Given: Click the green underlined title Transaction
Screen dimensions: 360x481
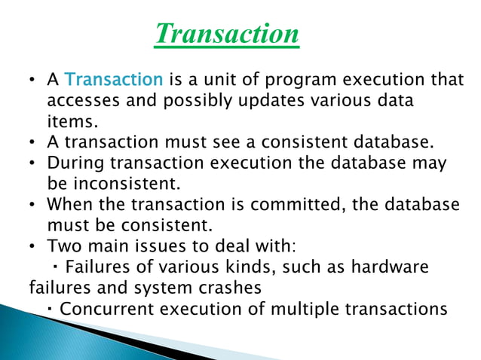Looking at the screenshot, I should [x=226, y=33].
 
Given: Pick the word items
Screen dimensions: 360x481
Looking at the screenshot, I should [x=67, y=121].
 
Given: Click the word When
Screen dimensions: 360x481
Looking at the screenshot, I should [x=66, y=205].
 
